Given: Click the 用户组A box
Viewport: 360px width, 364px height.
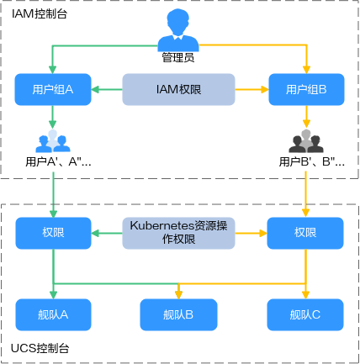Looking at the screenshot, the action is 53,89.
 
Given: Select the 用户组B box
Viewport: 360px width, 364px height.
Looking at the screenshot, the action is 306,89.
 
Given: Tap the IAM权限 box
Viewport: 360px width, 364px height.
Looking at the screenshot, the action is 178,89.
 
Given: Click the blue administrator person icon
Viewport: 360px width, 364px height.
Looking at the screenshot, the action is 178,30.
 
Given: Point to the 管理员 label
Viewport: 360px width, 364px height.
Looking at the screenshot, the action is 178,58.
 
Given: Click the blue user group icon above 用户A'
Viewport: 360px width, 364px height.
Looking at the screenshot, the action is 53,140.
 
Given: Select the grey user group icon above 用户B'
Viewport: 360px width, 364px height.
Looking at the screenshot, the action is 306,140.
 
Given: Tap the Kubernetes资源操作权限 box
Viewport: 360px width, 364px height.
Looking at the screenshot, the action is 178,233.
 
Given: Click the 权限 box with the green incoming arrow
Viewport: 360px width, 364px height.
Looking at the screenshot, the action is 53,233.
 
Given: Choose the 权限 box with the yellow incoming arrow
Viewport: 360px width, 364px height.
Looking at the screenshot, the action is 305,233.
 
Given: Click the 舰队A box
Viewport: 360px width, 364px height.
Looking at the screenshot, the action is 53,314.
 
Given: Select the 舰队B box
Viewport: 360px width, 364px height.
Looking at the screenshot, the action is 178,314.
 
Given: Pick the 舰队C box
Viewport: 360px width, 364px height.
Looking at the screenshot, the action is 305,314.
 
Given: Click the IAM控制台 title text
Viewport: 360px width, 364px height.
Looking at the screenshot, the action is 40,13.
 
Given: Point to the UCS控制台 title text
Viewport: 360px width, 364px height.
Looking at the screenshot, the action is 40,348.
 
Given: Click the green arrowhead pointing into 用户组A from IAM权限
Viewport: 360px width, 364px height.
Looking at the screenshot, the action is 95,90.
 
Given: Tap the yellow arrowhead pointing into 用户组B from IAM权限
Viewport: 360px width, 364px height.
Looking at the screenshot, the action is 265,90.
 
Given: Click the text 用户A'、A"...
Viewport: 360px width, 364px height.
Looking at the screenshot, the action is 54,161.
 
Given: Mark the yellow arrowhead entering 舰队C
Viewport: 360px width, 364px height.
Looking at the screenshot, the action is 305,295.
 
